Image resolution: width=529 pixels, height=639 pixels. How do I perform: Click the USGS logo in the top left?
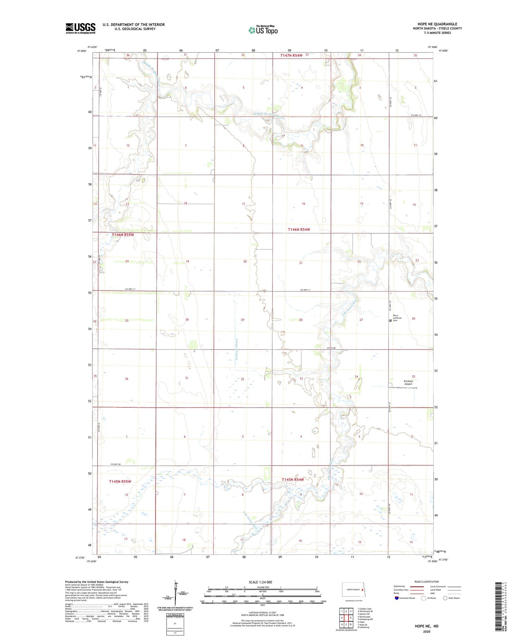[80, 28]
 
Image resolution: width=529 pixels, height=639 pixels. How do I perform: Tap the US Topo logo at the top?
[263, 30]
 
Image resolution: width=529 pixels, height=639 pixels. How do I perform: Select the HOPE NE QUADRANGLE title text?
[437, 24]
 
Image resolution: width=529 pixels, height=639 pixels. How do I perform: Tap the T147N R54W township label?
[292, 55]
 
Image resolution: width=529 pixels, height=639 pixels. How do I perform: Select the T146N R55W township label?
[123, 235]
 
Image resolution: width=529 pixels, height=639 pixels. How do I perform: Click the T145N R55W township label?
[120, 481]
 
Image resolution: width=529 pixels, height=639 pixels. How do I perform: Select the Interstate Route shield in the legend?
[397, 598]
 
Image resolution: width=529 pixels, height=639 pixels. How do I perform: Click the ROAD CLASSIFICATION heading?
[426, 582]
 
